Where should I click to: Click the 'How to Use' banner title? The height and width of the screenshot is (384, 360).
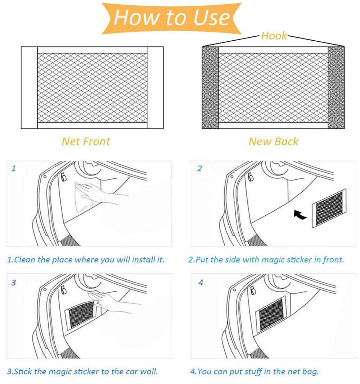click(x=171, y=18)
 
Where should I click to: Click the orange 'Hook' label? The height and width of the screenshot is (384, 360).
click(x=274, y=36)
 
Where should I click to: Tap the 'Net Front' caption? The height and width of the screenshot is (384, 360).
click(x=86, y=141)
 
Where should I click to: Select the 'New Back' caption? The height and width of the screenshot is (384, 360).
click(x=273, y=141)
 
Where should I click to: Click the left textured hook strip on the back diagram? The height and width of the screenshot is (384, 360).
click(x=210, y=88)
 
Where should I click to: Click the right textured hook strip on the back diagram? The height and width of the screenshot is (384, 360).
click(x=336, y=88)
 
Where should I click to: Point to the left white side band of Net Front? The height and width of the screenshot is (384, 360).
click(x=29, y=88)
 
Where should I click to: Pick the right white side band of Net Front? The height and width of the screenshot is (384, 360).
click(x=155, y=88)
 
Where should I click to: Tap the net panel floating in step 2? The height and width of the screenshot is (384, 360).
click(x=328, y=208)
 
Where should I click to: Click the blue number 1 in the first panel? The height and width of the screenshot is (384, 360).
click(x=14, y=169)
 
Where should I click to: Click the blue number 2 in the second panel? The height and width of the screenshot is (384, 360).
click(x=200, y=169)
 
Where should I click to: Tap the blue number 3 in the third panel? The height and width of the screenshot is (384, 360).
click(x=14, y=283)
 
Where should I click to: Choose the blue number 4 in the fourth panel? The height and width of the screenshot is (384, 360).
click(x=201, y=283)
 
